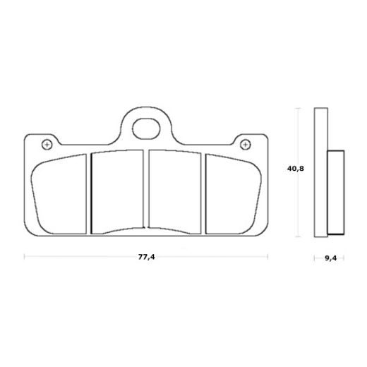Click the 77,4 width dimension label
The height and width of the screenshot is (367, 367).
point(146,257)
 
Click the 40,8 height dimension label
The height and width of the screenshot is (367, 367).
point(296,169)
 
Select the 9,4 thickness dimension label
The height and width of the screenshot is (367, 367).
point(330,258)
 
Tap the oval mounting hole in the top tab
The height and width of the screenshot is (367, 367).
point(146,128)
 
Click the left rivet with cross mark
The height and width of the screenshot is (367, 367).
point(47,144)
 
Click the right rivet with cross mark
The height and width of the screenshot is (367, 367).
point(246,144)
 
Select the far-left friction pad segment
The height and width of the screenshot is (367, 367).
point(59,194)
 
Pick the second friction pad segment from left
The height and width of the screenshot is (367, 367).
point(117,192)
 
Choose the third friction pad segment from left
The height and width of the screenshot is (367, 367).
point(174,192)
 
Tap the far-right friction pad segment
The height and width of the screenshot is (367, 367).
point(234,194)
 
